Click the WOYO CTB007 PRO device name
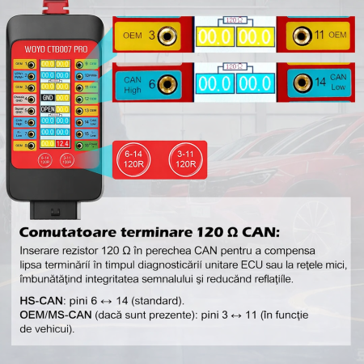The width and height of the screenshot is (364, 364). [57, 49]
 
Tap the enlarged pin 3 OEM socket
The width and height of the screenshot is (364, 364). [167, 36]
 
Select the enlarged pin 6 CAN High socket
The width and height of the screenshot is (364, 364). [167, 83]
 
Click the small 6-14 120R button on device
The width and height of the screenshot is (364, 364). [44, 159]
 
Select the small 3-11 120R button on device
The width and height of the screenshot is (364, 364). [67, 159]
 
